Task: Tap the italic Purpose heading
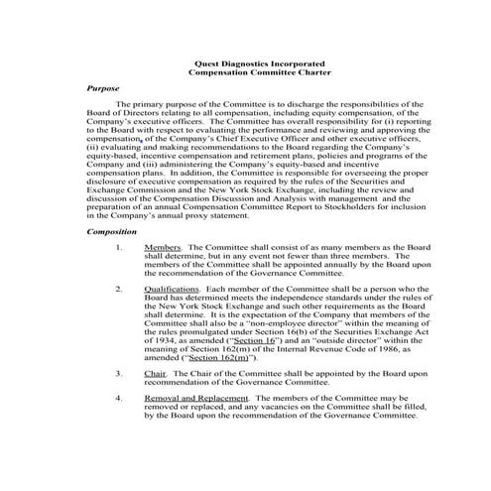click(x=103, y=88)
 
